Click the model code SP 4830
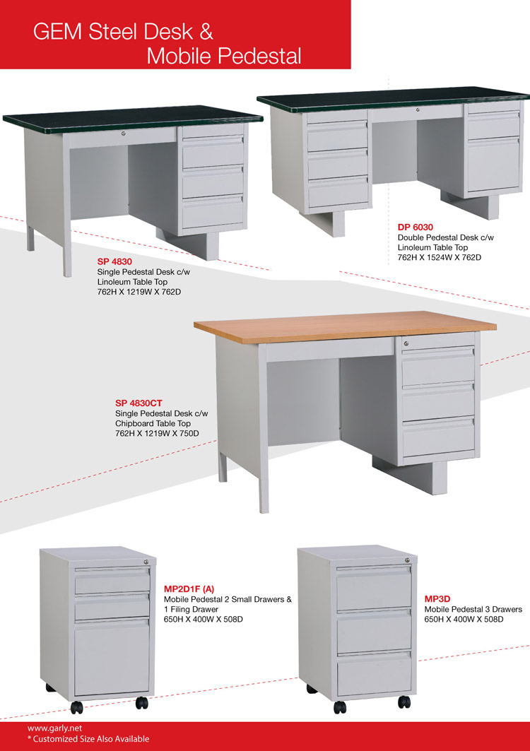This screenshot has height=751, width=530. click(114, 261)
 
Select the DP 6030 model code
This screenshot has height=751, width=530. click(416, 227)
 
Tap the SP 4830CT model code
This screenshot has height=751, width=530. click(139, 403)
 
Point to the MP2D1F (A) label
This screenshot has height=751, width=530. click(189, 589)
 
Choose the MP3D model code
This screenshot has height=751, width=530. click(437, 598)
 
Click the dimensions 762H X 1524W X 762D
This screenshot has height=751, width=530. click(440, 258)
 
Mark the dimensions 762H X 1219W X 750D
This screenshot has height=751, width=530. click(157, 434)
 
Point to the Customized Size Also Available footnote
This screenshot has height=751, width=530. click(88, 739)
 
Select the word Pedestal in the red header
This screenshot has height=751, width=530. click(259, 56)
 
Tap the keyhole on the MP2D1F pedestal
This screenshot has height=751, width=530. click(146, 562)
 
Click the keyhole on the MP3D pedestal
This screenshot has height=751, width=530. click(407, 560)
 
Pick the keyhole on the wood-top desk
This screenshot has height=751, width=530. click(406, 343)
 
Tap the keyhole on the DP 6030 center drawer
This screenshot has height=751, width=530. click(417, 110)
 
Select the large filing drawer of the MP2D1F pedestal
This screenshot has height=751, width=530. click(112, 657)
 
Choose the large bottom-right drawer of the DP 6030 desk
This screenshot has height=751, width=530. click(493, 165)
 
